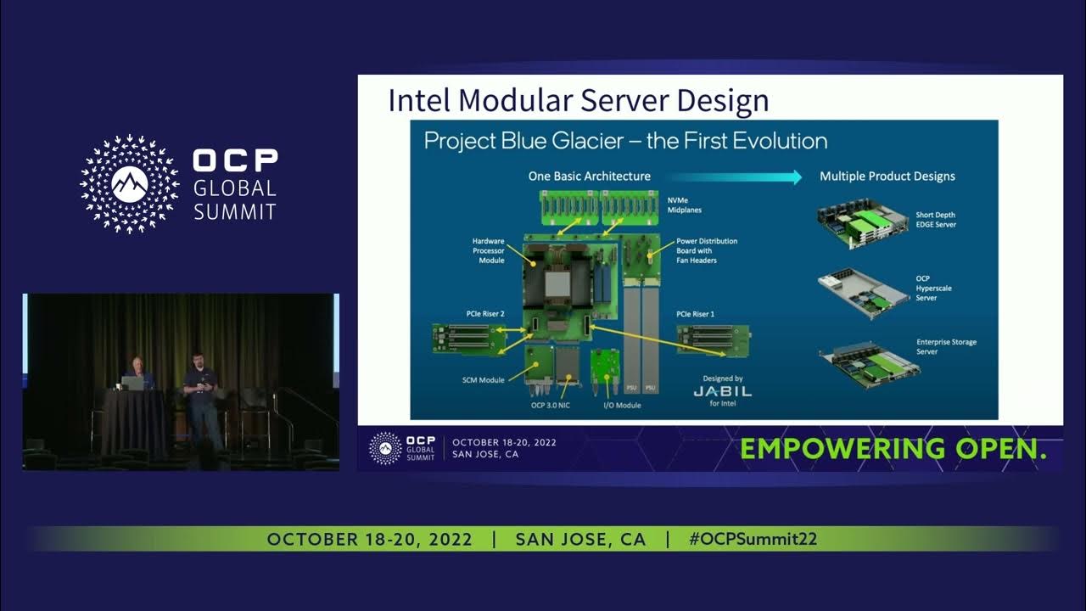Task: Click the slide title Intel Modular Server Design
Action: (x=578, y=100)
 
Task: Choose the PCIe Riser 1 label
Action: (x=695, y=314)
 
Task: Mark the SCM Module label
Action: (x=481, y=380)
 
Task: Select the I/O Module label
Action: (x=622, y=406)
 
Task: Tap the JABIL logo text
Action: (x=722, y=391)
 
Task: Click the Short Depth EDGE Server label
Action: (x=935, y=220)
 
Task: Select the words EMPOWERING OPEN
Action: (x=893, y=449)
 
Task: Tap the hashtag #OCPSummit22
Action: (x=753, y=540)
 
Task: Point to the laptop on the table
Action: (x=133, y=383)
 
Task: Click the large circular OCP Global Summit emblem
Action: (x=130, y=184)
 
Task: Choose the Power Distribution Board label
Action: (x=707, y=250)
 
